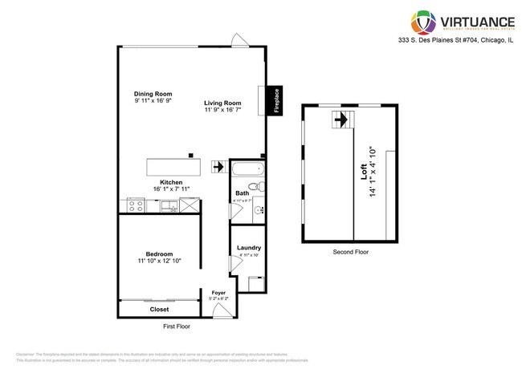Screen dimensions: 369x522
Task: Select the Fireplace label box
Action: tap(275, 101)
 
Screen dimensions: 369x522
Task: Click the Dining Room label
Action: tap(151, 94)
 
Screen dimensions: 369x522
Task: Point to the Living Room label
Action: tap(222, 103)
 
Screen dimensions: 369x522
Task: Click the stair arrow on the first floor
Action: tap(217, 168)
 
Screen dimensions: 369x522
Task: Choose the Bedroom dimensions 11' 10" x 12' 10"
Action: tap(159, 262)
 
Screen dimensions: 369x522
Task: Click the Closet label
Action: tap(159, 309)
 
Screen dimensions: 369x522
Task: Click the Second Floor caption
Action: tap(351, 252)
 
